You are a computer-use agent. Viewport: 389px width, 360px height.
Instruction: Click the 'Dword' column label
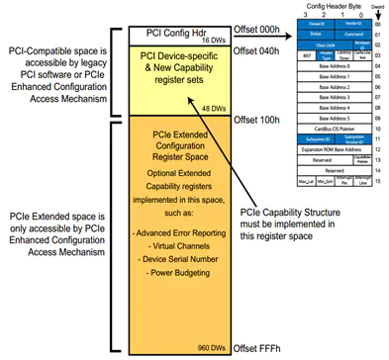coord(377,7)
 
